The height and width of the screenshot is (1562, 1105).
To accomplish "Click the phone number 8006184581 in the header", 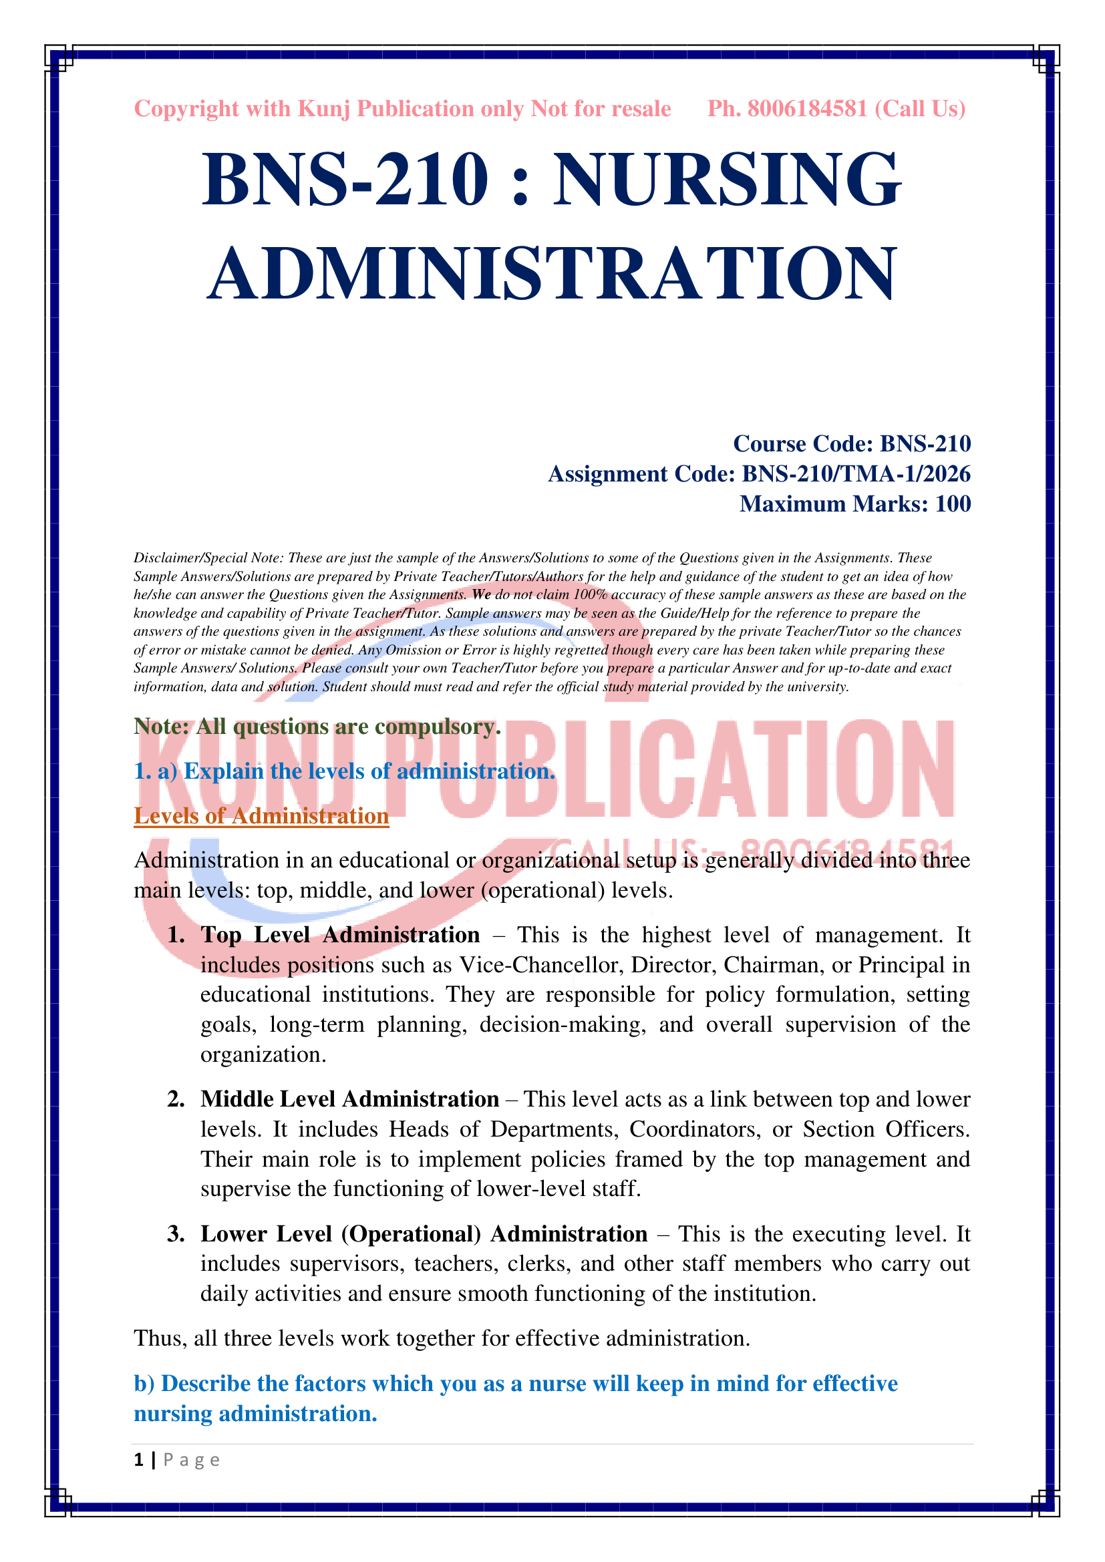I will point(807,109).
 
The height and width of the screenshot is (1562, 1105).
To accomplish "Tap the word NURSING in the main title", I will point(727,180).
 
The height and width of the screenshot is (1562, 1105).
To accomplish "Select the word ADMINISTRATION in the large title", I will point(552,274).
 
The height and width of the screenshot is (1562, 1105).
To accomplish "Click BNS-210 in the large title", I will point(345,180).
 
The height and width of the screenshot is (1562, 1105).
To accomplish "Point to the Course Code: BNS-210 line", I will point(851,443).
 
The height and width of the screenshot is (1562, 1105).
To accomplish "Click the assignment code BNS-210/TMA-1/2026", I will point(855,473).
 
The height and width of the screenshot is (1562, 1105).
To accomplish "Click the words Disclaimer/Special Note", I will point(208,558).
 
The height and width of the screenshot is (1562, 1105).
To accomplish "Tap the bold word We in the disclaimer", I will point(481,594).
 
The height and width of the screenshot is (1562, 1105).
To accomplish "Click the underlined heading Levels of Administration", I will point(261,815).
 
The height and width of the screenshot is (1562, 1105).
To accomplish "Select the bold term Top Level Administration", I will point(340,935).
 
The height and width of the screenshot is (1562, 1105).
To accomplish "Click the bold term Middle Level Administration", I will point(349,1099).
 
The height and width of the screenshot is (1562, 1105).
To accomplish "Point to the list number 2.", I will point(175,1099).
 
